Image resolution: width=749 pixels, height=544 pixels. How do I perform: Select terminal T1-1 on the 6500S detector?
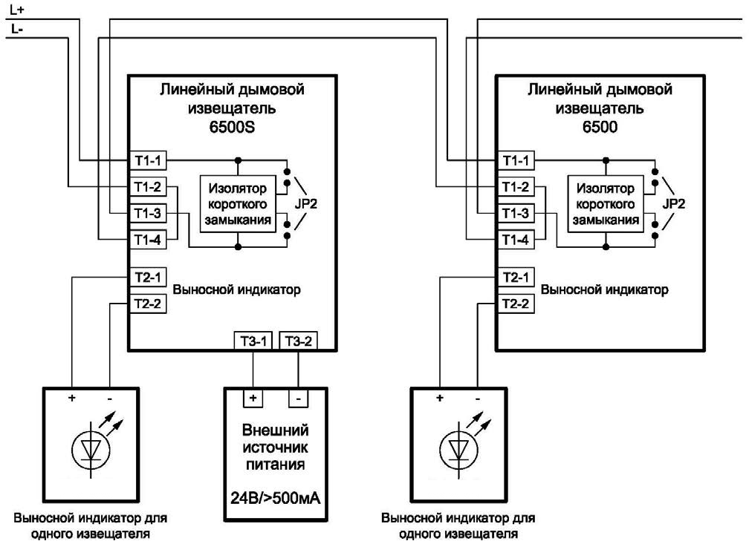click(146, 160)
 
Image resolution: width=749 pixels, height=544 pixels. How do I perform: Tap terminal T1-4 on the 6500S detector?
click(146, 240)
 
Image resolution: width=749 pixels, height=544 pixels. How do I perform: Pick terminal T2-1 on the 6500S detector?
click(146, 276)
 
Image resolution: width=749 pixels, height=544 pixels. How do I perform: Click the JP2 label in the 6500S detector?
click(308, 202)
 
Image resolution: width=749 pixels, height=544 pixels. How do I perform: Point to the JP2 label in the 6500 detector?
click(675, 202)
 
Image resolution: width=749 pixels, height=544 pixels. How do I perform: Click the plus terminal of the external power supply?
click(253, 398)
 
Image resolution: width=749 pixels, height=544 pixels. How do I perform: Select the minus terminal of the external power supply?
click(299, 398)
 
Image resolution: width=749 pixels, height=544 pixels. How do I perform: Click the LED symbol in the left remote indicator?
click(91, 448)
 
